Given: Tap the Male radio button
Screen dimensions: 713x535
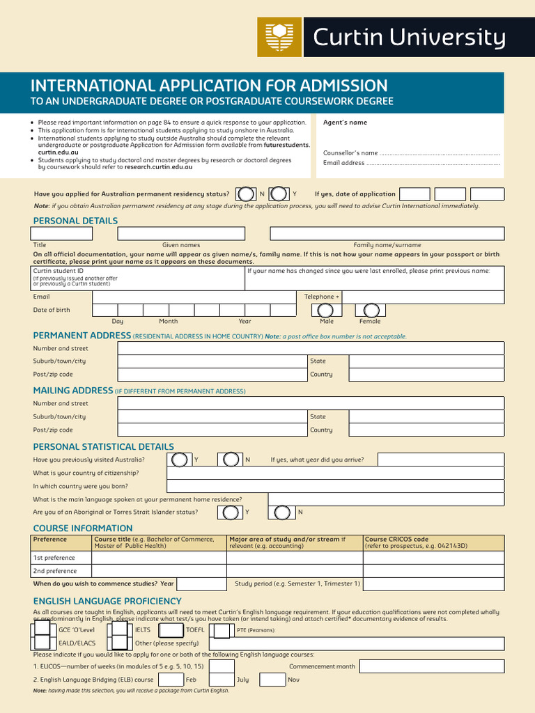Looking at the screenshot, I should [x=327, y=311].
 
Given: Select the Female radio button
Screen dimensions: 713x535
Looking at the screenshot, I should [x=371, y=311].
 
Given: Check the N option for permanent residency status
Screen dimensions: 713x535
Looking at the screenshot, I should [x=245, y=194].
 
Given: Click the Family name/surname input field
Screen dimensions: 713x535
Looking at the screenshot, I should [x=387, y=233].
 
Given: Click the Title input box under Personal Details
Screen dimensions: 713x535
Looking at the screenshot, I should [x=62, y=233].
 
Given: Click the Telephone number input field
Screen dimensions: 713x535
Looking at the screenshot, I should [x=423, y=297].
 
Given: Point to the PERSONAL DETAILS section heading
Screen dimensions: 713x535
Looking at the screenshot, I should [x=75, y=221].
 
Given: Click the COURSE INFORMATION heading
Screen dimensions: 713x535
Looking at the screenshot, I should [x=82, y=528].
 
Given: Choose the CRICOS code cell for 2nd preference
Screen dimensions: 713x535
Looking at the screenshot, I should [x=433, y=571].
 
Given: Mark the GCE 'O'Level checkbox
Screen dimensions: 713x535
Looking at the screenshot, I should [x=42, y=630].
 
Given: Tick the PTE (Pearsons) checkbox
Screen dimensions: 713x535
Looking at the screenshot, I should [x=222, y=631].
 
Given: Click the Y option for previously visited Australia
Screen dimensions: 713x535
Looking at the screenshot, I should [x=180, y=460].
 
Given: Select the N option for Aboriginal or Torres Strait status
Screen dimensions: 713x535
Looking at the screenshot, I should [x=282, y=512].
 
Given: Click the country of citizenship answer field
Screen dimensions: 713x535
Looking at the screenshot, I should [x=335, y=473].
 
